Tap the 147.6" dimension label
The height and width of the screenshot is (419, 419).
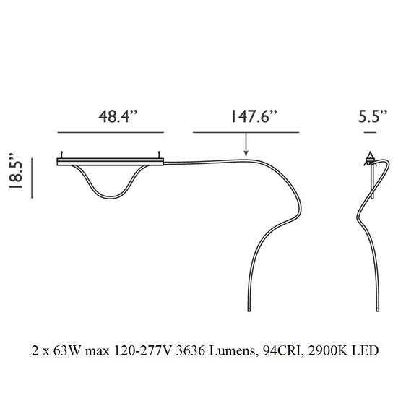coord(245,117)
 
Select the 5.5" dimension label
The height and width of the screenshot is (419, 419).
coord(373,117)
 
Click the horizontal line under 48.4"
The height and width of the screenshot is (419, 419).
coord(111,134)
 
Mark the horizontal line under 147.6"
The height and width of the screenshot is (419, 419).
coord(245,134)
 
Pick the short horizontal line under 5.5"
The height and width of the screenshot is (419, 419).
coord(373,134)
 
